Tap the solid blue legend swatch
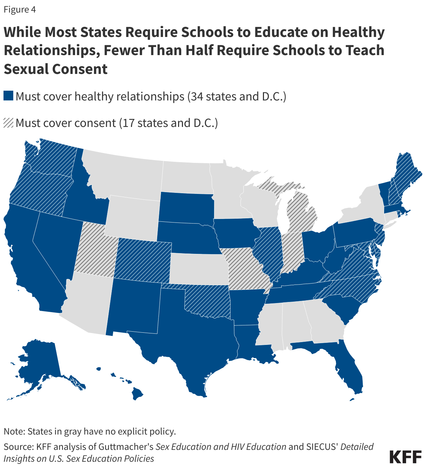tap(8, 96)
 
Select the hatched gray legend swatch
tap(8, 123)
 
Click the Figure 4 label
tap(20, 9)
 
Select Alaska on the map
tap(38, 363)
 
